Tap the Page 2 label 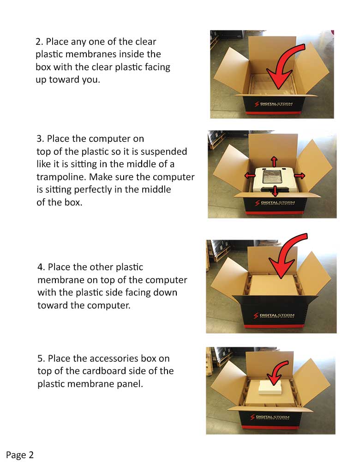[20, 455]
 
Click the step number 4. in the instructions [41, 267]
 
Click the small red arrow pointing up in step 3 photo [274, 161]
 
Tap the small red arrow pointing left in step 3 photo [250, 176]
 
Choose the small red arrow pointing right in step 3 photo [299, 176]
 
